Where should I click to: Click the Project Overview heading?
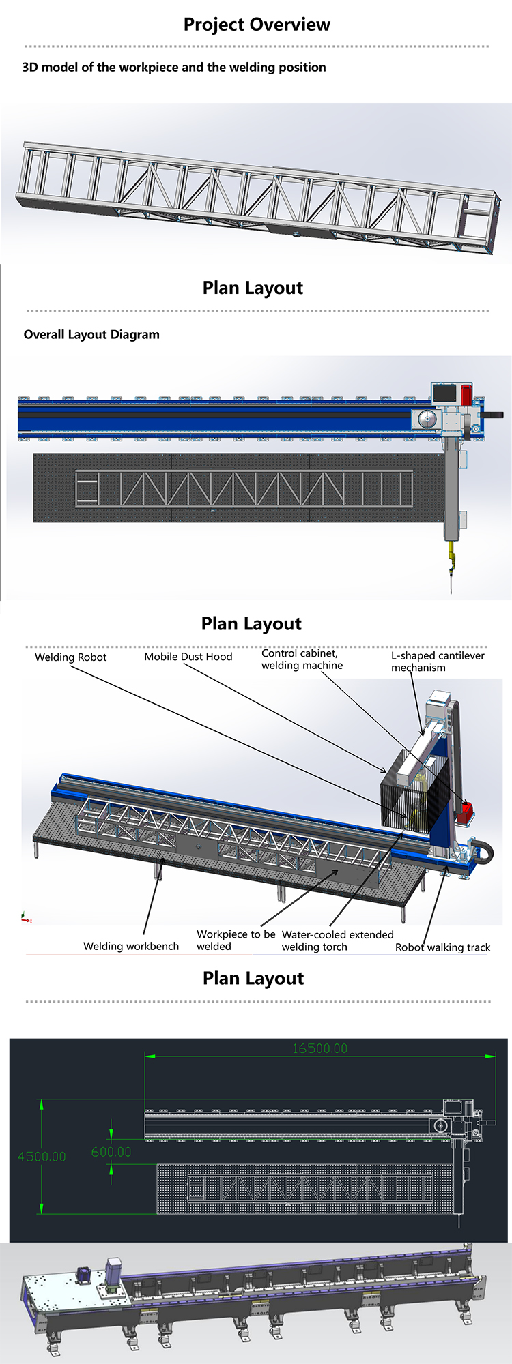pyautogui.click(x=257, y=25)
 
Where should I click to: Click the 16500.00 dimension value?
pyautogui.click(x=319, y=1048)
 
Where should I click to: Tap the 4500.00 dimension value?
pyautogui.click(x=42, y=1157)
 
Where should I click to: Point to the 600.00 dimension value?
pyautogui.click(x=111, y=1152)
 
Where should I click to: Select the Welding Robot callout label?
pyautogui.click(x=71, y=657)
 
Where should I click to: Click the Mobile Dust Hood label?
pyautogui.click(x=188, y=657)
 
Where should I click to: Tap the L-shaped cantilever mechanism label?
pyautogui.click(x=438, y=662)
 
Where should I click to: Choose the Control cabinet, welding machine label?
pyautogui.click(x=302, y=659)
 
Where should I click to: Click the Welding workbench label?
pyautogui.click(x=131, y=946)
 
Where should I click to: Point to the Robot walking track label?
pyautogui.click(x=443, y=947)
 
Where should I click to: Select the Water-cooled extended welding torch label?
pyautogui.click(x=338, y=940)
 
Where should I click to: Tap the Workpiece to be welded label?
pyautogui.click(x=236, y=940)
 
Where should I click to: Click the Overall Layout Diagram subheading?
pyautogui.click(x=91, y=335)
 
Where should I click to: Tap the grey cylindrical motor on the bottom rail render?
pyautogui.click(x=112, y=1273)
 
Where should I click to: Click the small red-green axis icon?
pyautogui.click(x=25, y=917)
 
